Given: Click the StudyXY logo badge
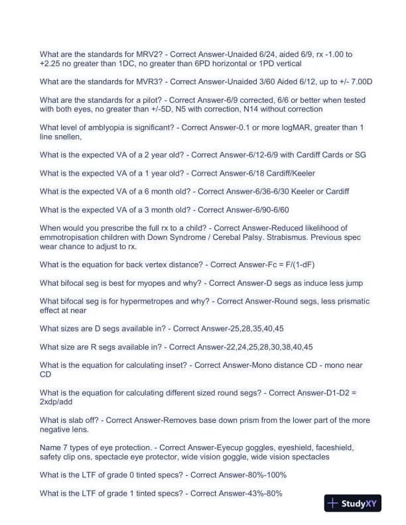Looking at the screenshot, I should point(356,503).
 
